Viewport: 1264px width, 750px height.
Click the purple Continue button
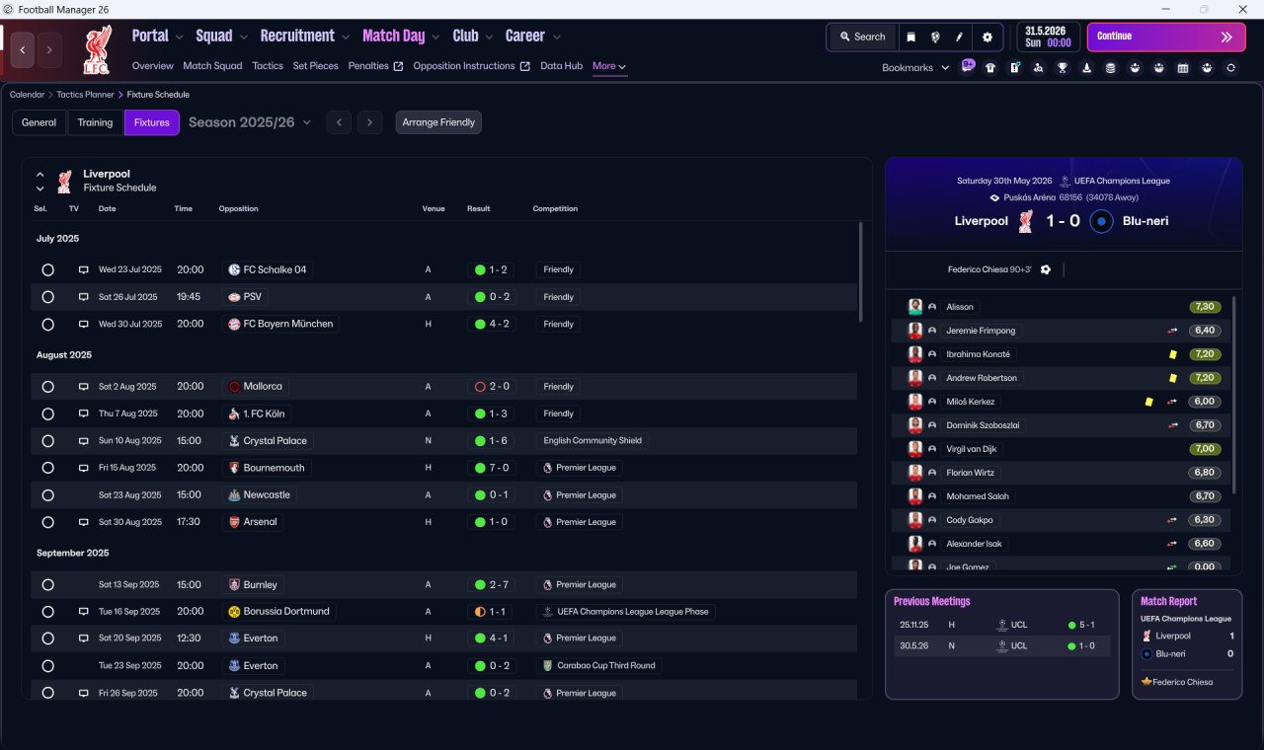click(x=1166, y=37)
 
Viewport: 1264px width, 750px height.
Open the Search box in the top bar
click(x=863, y=37)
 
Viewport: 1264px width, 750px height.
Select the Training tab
click(x=95, y=122)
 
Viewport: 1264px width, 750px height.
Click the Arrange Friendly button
click(x=438, y=122)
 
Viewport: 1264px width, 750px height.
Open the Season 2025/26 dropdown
click(x=250, y=122)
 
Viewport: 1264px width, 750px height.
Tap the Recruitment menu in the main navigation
click(x=297, y=37)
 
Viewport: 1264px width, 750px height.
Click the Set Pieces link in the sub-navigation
click(x=315, y=66)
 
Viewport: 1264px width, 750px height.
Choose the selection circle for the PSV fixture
click(x=48, y=297)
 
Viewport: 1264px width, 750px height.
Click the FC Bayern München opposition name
click(x=287, y=324)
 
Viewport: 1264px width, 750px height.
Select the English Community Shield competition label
click(x=592, y=440)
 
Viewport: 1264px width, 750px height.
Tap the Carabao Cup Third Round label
click(x=606, y=665)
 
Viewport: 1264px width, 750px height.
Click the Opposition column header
click(x=238, y=208)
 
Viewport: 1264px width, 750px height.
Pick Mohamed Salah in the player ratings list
click(x=978, y=496)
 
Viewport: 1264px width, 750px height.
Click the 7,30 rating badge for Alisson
click(x=1205, y=307)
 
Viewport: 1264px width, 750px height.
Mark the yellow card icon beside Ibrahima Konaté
click(x=1172, y=354)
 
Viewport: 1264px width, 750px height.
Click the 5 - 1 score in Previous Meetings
click(x=1087, y=625)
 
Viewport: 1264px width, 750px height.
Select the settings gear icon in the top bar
click(x=987, y=37)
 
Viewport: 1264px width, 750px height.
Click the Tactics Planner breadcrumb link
click(x=85, y=95)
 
